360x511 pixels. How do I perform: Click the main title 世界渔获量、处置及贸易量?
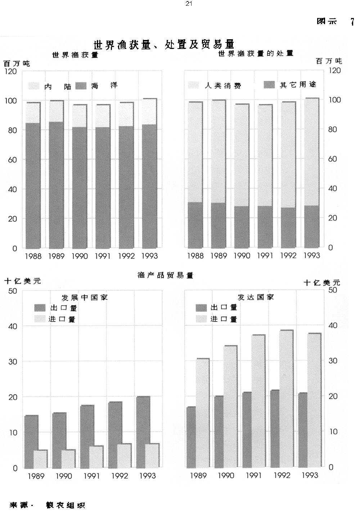(164, 45)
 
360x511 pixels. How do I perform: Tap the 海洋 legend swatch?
(81, 86)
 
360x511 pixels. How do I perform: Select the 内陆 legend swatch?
(34, 86)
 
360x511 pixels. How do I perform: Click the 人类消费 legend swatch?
(193, 85)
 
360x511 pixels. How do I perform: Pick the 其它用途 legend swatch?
(269, 85)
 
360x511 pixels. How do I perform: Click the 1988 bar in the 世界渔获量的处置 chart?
(195, 175)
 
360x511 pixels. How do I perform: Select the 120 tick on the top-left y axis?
(11, 71)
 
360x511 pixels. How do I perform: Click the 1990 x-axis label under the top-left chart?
(80, 256)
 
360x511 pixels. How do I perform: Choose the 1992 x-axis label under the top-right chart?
(288, 255)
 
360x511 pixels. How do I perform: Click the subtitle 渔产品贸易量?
(166, 275)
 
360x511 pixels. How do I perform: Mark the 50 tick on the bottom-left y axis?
(13, 291)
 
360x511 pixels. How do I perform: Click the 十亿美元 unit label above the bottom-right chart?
(322, 283)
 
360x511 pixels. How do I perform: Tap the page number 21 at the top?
(189, 4)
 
